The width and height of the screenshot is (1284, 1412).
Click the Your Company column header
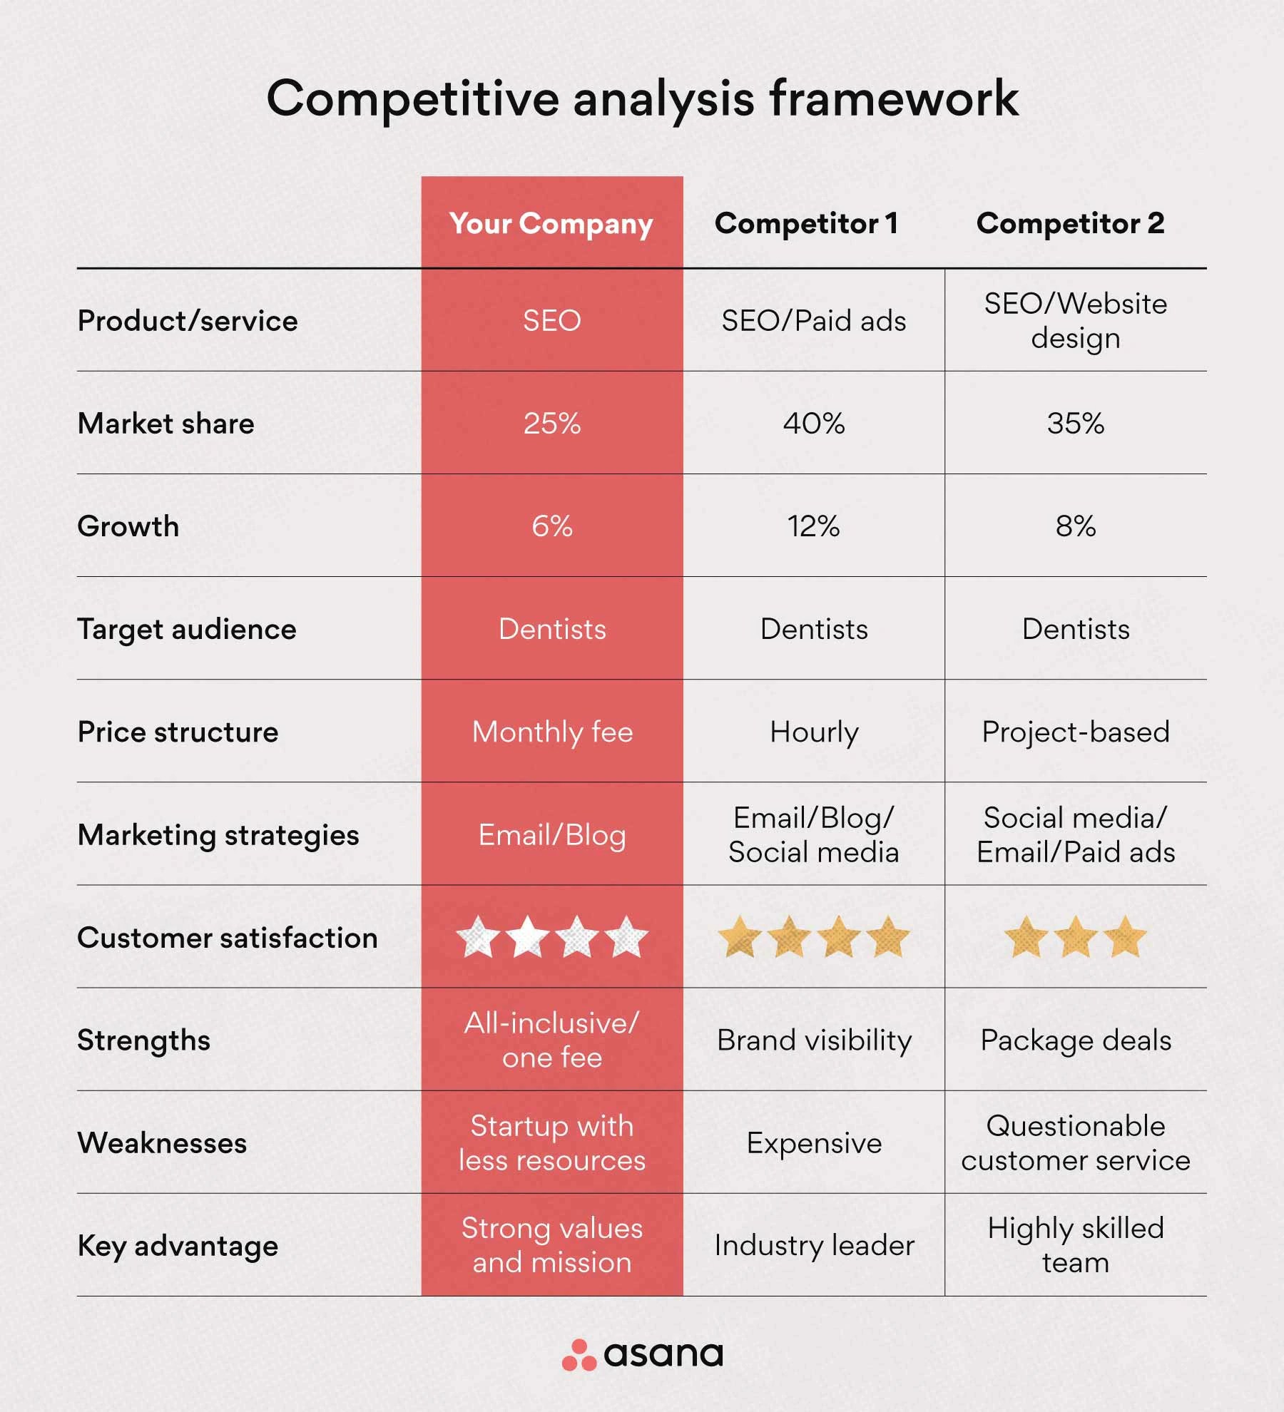(x=551, y=224)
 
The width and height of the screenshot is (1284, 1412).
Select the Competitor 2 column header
(x=1070, y=224)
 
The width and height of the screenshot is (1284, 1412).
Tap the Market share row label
(x=165, y=424)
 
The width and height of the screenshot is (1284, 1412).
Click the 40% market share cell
(x=813, y=424)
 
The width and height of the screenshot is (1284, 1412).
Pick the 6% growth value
(x=551, y=526)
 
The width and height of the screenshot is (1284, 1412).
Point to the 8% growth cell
(x=1075, y=526)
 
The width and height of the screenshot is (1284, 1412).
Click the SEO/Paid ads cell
(x=813, y=321)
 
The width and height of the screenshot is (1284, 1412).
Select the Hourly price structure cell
(x=813, y=732)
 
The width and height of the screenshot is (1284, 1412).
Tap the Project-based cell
(x=1075, y=732)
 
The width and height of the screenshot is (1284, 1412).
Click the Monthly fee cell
(x=552, y=732)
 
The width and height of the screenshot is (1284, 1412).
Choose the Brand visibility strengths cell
(x=813, y=1040)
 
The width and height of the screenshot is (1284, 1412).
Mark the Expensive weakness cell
(x=813, y=1143)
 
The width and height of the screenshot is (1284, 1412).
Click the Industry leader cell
(x=813, y=1246)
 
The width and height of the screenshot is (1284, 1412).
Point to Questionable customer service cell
(x=1075, y=1143)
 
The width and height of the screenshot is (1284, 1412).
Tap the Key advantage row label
(x=178, y=1246)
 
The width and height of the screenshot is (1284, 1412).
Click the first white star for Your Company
(x=478, y=937)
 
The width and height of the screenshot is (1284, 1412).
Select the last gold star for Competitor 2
(x=1124, y=937)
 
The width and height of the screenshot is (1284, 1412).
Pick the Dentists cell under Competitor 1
(x=813, y=629)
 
